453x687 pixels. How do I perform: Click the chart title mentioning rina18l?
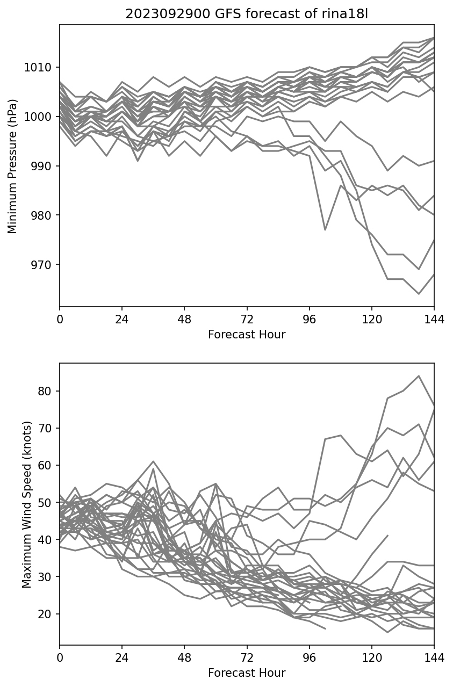coord(247,14)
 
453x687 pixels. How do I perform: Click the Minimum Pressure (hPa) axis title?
coord(13,166)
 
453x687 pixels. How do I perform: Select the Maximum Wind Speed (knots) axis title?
coord(27,504)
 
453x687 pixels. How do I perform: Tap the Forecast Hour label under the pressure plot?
coord(247,335)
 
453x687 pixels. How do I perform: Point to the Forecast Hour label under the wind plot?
coord(247,673)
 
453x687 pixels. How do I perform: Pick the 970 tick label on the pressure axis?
coord(43,265)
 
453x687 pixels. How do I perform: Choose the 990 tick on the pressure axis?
coord(43,166)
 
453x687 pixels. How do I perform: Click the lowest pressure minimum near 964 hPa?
coord(419,294)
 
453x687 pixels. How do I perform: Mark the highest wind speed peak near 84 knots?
coord(419,376)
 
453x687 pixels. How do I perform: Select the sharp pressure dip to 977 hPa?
coord(325,230)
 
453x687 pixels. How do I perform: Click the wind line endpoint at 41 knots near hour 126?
coord(387,536)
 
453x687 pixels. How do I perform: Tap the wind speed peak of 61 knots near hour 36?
coord(153,461)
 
